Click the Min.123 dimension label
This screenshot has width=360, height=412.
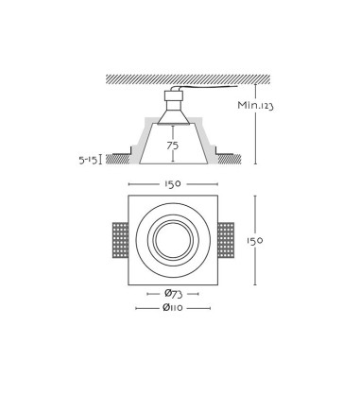click(255, 105)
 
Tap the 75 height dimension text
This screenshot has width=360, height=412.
click(173, 146)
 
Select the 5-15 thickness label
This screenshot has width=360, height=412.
click(88, 161)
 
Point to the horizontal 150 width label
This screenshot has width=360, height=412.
click(173, 184)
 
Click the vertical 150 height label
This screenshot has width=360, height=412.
click(254, 241)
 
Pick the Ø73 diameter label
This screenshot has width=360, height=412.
click(173, 294)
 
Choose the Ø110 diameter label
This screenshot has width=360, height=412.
click(173, 308)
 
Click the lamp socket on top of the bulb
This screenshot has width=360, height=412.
click(174, 100)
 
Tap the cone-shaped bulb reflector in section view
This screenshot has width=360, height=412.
click(174, 117)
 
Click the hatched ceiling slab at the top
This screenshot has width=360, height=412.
click(188, 79)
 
